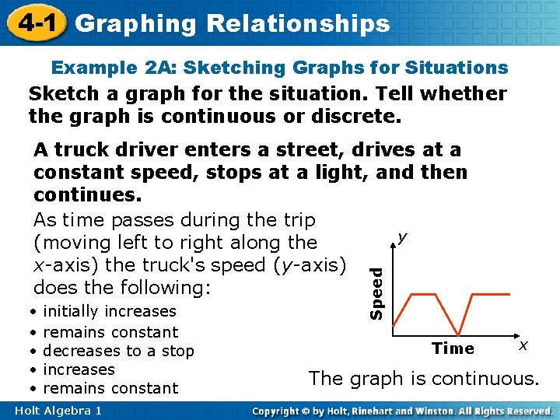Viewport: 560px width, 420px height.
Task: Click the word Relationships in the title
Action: point(299,23)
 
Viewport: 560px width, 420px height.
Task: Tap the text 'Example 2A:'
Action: point(107,68)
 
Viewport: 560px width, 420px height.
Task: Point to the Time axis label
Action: point(453,348)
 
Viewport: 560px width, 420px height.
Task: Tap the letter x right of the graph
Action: point(523,343)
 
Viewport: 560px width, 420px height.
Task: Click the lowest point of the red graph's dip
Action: point(460,331)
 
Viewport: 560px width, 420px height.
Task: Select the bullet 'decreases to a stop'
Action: point(118,351)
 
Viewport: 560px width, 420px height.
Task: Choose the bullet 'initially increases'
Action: point(110,311)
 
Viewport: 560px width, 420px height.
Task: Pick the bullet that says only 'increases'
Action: point(79,369)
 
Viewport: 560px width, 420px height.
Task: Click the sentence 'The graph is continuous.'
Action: point(423,379)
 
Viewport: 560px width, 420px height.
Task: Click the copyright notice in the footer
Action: point(403,410)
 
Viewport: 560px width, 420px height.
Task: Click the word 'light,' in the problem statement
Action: point(340,172)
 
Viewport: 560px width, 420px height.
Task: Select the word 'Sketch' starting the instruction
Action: point(61,95)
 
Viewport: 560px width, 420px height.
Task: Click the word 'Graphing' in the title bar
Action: point(137,23)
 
